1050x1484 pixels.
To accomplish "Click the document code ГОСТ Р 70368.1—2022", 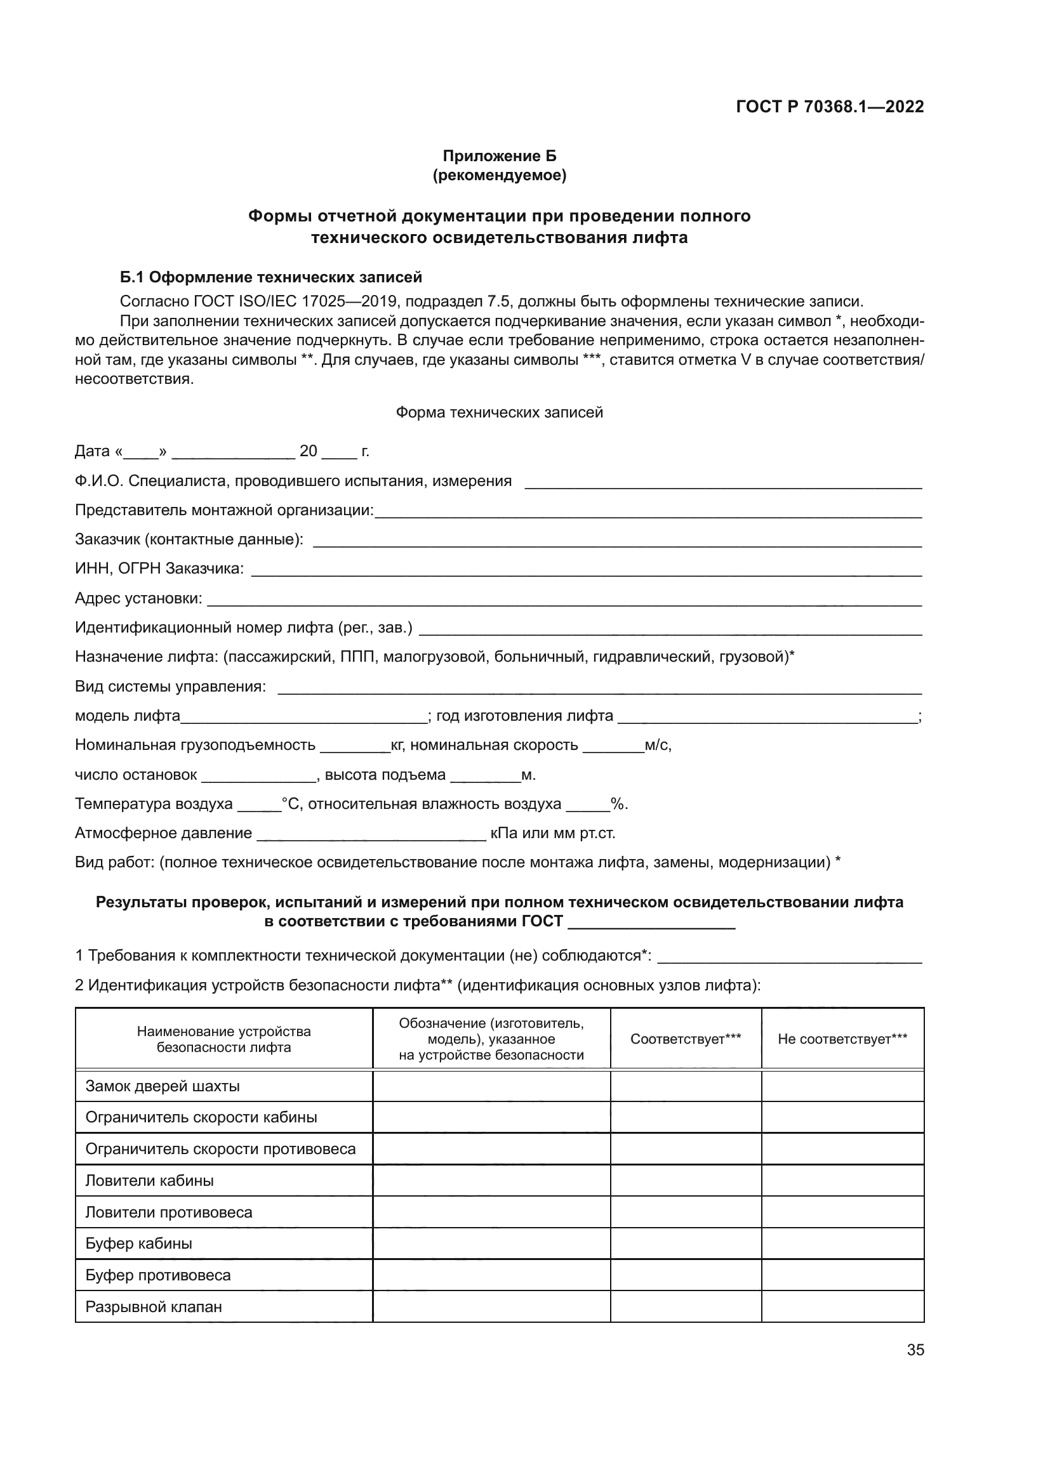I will click(830, 107).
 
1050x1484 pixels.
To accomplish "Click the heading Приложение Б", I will click(499, 156).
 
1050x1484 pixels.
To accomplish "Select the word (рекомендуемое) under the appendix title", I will click(499, 175).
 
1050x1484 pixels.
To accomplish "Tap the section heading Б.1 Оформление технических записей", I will click(271, 277).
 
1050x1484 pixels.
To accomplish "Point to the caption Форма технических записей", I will click(499, 412).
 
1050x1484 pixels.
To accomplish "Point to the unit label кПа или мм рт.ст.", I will click(553, 833).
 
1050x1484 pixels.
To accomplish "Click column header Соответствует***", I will click(686, 1039).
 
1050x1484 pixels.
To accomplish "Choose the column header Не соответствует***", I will click(842, 1039).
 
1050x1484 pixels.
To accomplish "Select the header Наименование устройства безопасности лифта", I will click(223, 1039).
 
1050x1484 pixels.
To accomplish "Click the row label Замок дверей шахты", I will click(163, 1086).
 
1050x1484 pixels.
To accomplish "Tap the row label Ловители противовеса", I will click(169, 1212).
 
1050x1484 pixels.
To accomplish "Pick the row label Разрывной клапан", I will click(154, 1307).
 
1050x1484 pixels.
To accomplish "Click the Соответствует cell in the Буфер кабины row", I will click(686, 1244).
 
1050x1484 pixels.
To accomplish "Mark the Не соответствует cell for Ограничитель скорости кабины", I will click(842, 1117).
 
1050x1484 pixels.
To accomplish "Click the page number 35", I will click(915, 1350).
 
